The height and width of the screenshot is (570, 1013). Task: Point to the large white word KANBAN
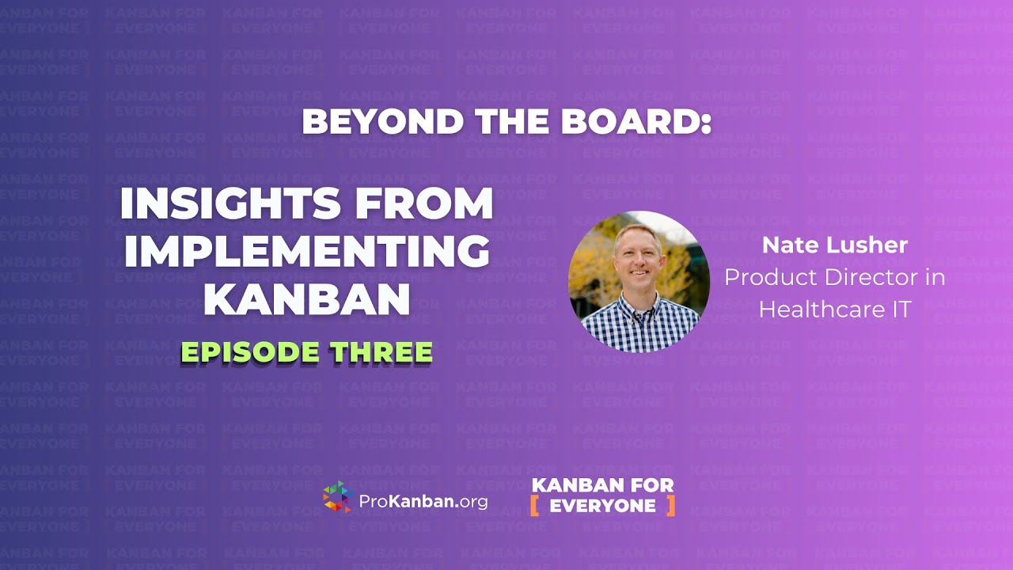(307, 298)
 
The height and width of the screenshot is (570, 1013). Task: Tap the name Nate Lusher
(834, 245)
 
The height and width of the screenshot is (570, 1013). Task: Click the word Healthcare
(819, 309)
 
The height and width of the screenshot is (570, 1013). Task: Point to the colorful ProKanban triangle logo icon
(337, 496)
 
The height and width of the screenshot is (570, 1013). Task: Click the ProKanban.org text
(423, 501)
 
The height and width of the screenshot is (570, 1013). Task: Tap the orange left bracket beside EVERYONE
(536, 505)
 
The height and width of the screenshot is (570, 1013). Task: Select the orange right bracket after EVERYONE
(671, 505)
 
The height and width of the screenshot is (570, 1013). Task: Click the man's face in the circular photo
(638, 255)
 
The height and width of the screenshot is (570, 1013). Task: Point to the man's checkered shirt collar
(641, 301)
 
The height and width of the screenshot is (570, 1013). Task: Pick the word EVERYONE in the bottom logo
(603, 506)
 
